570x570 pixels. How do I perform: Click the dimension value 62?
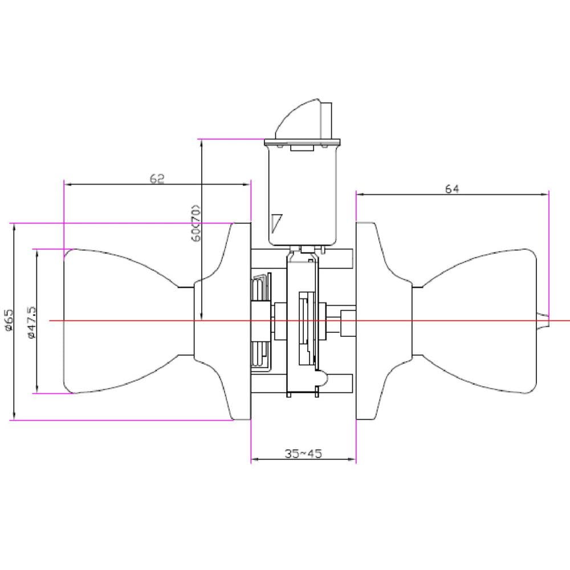point(157,178)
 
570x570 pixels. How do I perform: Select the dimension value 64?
point(452,189)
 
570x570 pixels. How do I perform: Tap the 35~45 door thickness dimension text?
point(303,453)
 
